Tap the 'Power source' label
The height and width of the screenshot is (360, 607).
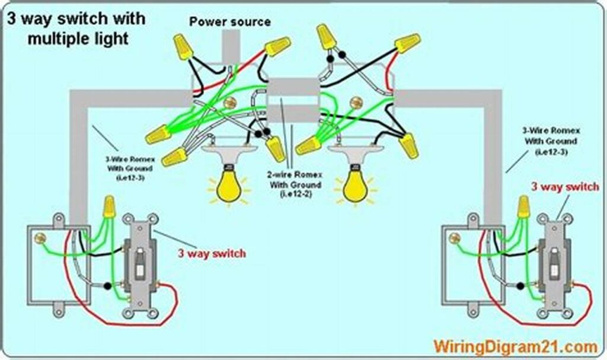[230, 22]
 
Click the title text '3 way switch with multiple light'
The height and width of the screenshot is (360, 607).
[75, 28]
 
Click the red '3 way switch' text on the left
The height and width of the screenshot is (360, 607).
[212, 254]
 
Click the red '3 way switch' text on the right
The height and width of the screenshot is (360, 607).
[564, 187]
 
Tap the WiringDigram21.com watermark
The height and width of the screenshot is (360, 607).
[514, 345]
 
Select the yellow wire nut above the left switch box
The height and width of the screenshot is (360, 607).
[108, 207]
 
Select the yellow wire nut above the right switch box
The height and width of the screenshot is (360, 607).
[523, 207]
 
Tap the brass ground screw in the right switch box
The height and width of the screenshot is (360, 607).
[455, 238]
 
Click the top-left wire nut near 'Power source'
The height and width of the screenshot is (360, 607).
[183, 46]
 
